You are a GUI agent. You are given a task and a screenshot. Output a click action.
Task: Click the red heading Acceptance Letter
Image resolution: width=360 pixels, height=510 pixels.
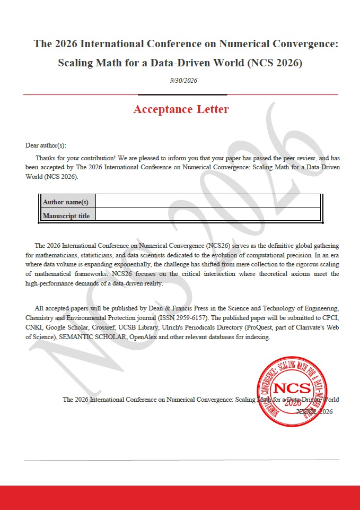[x=181, y=109]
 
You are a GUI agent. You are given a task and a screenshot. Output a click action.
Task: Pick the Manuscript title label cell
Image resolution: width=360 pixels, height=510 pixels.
[x=66, y=215]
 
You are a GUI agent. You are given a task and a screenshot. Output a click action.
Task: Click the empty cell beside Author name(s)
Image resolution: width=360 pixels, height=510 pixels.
[x=208, y=202]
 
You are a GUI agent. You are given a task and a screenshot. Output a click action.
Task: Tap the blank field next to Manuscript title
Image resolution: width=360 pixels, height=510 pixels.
[x=208, y=215]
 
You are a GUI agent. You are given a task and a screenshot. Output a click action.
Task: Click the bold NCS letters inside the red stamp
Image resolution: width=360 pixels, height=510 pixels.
[x=292, y=388]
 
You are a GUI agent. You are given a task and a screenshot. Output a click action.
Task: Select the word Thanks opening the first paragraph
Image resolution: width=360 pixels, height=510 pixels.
[x=45, y=158]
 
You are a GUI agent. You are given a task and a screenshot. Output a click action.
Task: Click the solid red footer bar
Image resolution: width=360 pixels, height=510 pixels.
[x=180, y=497]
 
